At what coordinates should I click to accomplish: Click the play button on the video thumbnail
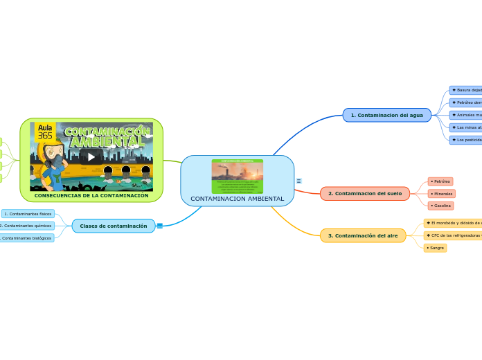tap(91, 157)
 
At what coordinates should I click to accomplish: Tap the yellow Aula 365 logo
tap(45, 132)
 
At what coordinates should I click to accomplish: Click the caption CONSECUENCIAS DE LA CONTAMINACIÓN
tap(91, 196)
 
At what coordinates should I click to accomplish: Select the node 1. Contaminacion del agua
tap(386, 115)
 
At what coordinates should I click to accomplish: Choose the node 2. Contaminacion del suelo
tap(364, 194)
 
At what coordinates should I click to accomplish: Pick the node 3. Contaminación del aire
tap(363, 236)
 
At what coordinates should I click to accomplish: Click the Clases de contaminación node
tap(114, 226)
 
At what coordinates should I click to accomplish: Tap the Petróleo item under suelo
tap(440, 181)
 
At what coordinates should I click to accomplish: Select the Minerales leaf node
tap(442, 194)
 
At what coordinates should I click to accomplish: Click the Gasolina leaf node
tap(441, 206)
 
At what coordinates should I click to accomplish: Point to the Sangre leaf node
tap(436, 248)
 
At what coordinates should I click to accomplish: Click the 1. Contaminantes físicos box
tap(28, 214)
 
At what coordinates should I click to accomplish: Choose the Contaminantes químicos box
tap(28, 226)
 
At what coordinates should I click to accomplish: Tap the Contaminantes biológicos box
tap(28, 238)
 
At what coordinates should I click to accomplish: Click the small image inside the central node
tap(237, 176)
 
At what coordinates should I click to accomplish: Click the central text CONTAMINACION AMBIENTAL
tap(237, 199)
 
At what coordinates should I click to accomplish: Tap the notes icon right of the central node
tap(298, 181)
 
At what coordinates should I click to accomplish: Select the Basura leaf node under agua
tap(466, 91)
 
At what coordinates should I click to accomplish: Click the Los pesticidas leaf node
tap(466, 140)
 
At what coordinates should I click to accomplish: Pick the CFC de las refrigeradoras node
tap(454, 235)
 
